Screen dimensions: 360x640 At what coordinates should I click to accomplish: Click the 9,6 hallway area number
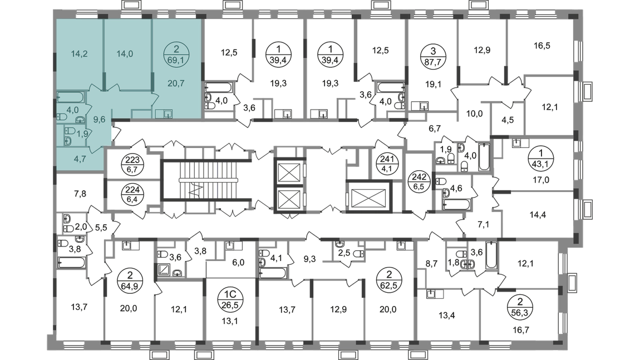99,118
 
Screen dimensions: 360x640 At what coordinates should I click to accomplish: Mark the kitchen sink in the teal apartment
165,115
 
